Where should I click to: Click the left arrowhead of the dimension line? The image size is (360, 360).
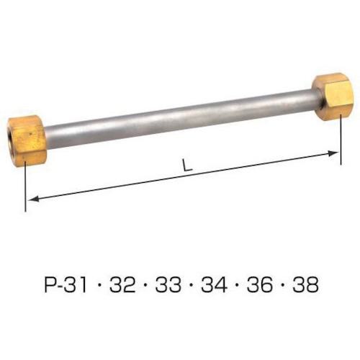(32, 199)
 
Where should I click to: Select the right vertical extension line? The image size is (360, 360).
(339, 133)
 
